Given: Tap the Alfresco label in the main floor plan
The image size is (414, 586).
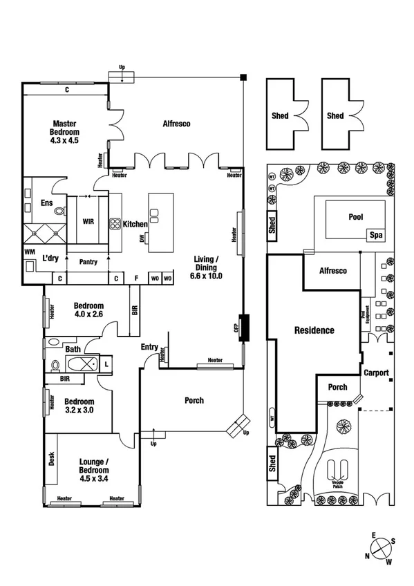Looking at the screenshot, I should (x=176, y=124).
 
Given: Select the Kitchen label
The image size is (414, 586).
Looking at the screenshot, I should (x=135, y=224).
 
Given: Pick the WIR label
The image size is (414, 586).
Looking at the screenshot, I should (x=88, y=223).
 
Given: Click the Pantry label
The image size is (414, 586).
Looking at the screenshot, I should (x=88, y=262).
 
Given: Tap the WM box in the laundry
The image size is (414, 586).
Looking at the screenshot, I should (x=29, y=253).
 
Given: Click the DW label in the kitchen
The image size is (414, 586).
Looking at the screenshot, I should (x=141, y=238).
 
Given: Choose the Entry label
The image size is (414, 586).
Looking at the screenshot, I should (x=149, y=347).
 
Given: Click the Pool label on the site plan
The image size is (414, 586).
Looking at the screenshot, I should (x=355, y=217).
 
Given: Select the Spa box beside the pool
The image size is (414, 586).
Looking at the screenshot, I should (x=377, y=235).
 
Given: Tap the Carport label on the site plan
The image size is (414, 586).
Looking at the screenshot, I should (x=377, y=372).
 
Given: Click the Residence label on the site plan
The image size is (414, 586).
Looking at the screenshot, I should (x=314, y=330).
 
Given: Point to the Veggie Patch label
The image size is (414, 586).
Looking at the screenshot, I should (x=338, y=484).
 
